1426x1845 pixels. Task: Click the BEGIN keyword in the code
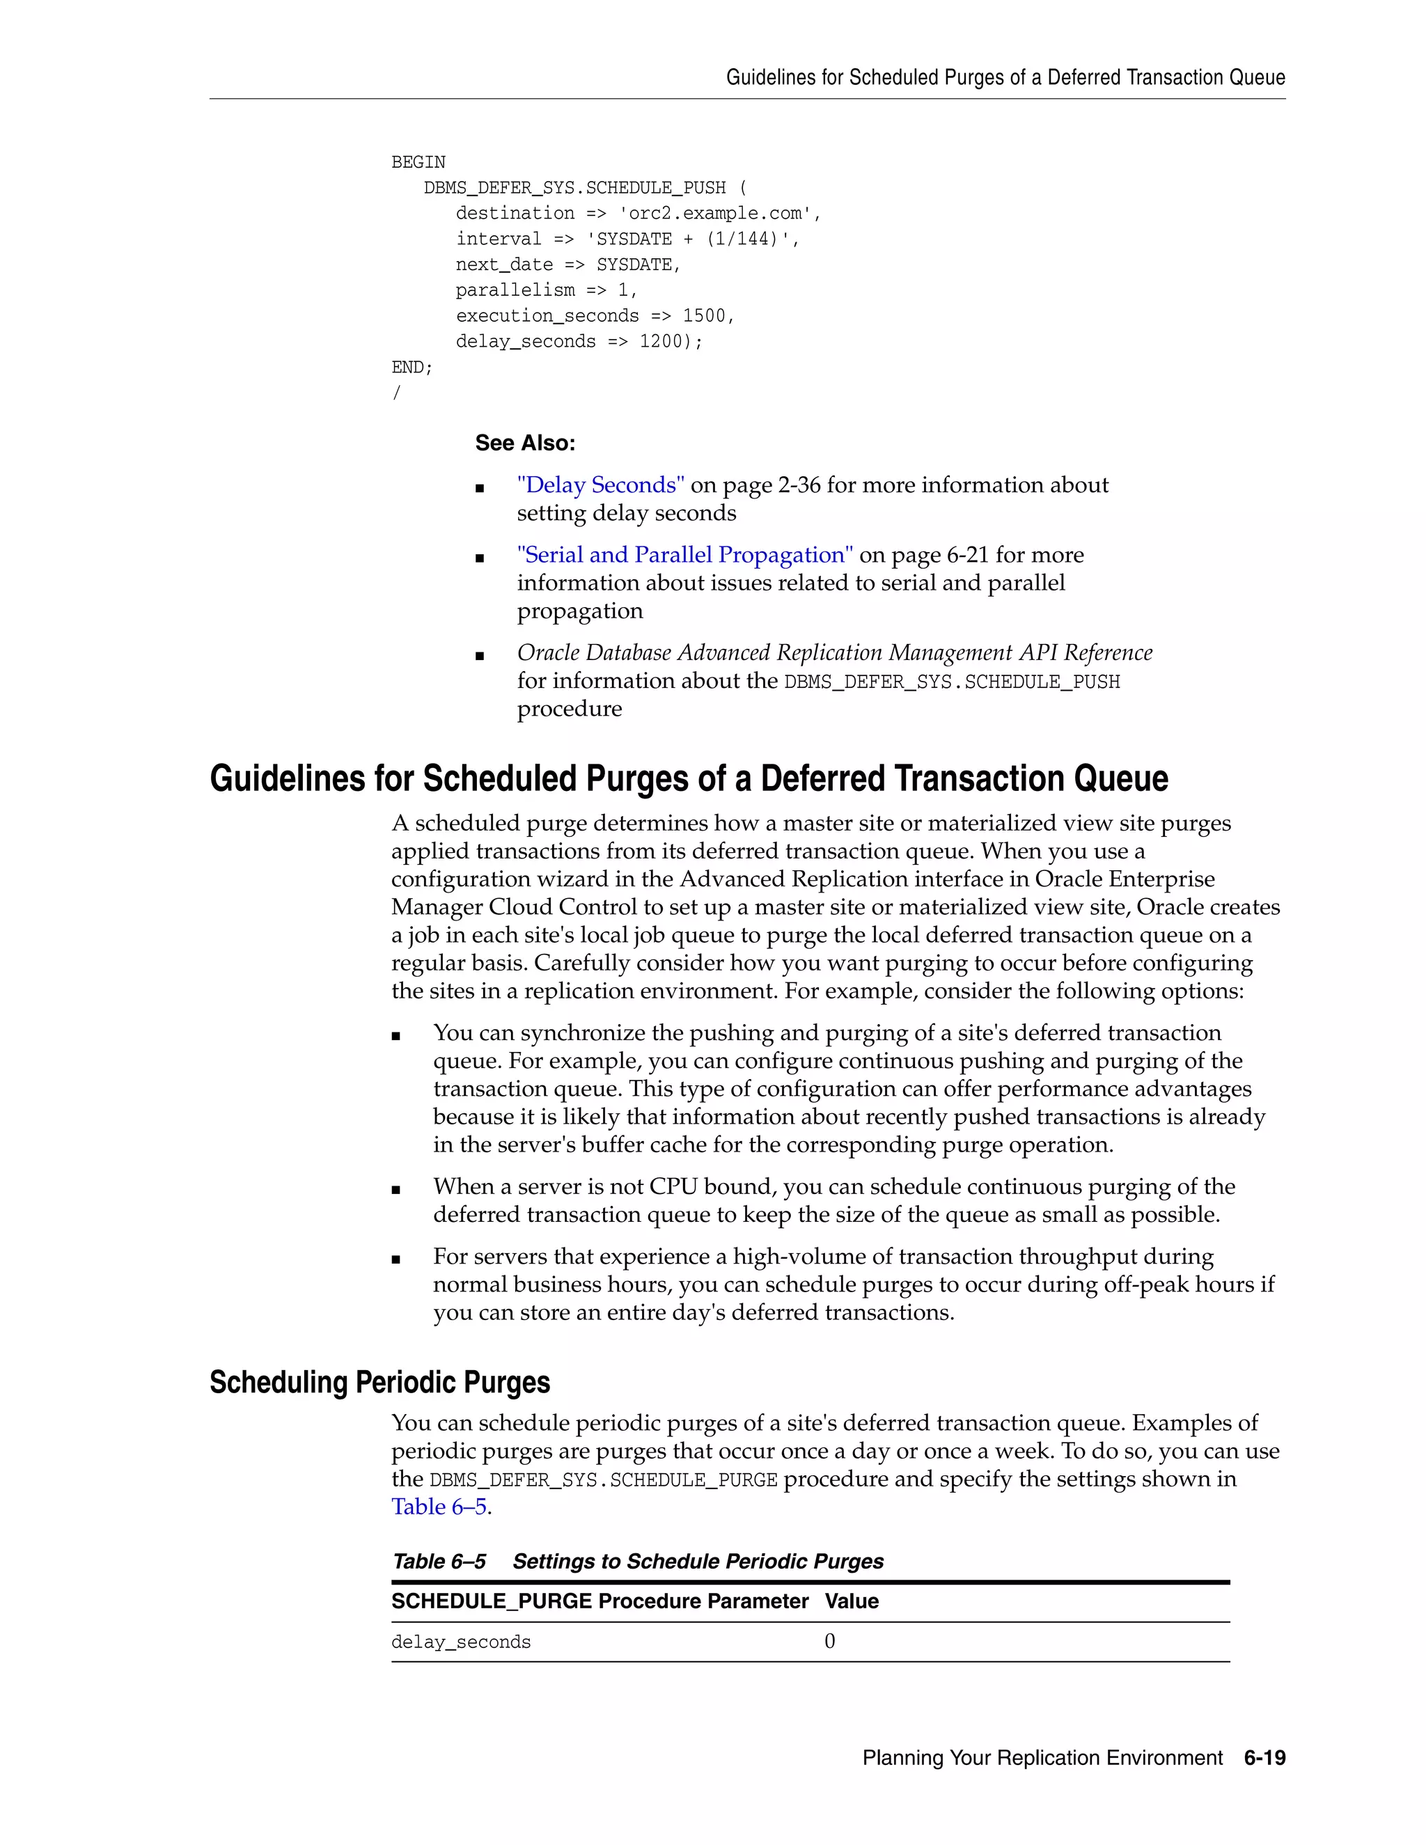pyautogui.click(x=418, y=162)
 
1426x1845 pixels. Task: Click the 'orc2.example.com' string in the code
pyautogui.click(x=718, y=214)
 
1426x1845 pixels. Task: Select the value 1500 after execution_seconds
pyautogui.click(x=704, y=316)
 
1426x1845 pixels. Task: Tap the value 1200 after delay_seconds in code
pyautogui.click(x=660, y=341)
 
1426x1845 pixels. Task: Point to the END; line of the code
pyautogui.click(x=412, y=368)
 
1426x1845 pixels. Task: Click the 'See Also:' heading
pyautogui.click(x=524, y=443)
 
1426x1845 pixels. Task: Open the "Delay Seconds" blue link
pyautogui.click(x=601, y=485)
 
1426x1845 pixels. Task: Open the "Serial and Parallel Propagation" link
pyautogui.click(x=684, y=555)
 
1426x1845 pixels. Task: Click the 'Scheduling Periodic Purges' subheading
pyautogui.click(x=379, y=1382)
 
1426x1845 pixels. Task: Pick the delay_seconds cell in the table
pyautogui.click(x=461, y=1642)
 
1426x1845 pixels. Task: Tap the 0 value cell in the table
pyautogui.click(x=829, y=1642)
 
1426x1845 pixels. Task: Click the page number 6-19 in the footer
pyautogui.click(x=1264, y=1758)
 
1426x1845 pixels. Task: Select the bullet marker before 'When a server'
pyautogui.click(x=396, y=1189)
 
